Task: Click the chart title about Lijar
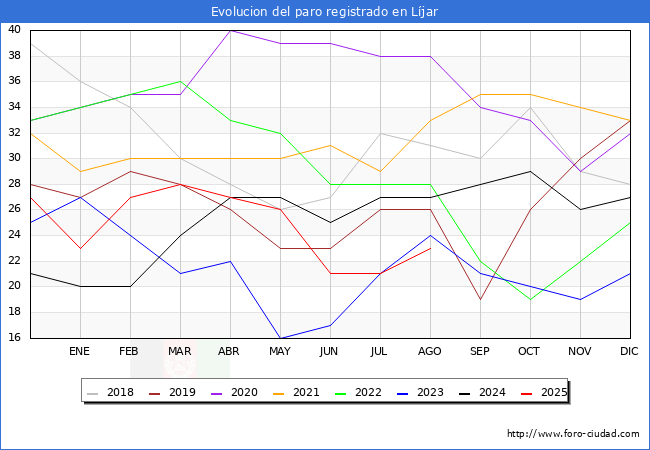pos(325,12)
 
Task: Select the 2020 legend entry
pos(240,392)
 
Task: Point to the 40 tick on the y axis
pos(15,30)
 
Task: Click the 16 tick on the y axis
pos(15,338)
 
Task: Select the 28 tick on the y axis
pos(15,184)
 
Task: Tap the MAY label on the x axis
pos(280,352)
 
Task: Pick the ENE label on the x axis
pos(80,352)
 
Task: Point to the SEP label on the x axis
pos(480,352)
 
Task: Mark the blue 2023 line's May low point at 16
pos(280,338)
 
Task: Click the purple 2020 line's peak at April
pos(230,30)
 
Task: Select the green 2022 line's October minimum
pos(530,299)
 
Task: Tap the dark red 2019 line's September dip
pos(480,299)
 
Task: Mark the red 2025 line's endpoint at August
pos(430,248)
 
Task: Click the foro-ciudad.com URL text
pos(573,434)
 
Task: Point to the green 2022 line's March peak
pos(180,81)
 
